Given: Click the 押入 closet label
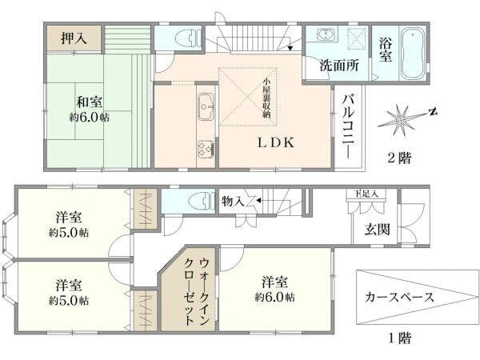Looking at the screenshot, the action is point(74,38).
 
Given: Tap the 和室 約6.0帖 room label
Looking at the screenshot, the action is point(89,110).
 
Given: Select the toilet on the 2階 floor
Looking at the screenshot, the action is point(188,38).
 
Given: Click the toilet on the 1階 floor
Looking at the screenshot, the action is point(201,202).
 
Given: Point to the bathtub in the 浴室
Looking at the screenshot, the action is point(414,54).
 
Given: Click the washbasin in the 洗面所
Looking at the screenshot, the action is point(327,34).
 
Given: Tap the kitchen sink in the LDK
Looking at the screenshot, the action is point(206,106).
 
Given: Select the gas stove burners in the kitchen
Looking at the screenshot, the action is point(206,149).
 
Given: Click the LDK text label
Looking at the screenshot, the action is point(276,142).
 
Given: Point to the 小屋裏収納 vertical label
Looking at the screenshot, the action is point(266,98).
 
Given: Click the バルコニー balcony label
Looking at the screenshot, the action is point(348,126).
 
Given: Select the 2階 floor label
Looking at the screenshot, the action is point(399,158).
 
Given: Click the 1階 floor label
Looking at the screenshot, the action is point(400,338).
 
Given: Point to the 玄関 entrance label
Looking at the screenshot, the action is point(377,229).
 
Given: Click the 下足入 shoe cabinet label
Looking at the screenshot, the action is point(366,194).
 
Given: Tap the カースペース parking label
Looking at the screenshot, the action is point(399,297).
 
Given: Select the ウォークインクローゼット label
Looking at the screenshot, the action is point(197,291).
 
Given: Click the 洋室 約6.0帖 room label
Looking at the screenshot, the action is point(275,289).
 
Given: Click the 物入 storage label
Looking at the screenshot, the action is point(233,202).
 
